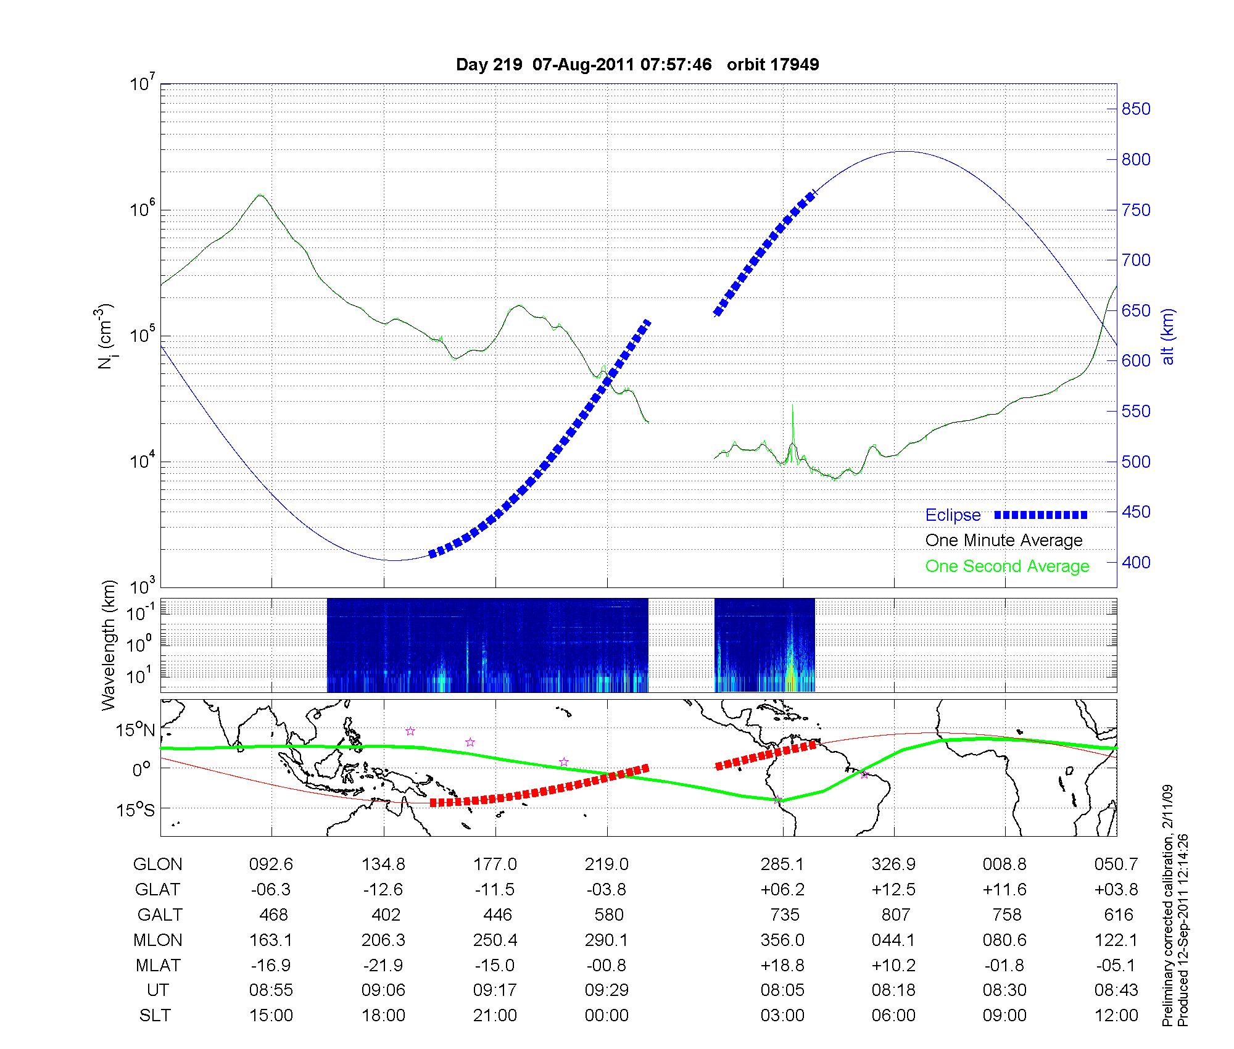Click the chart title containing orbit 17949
click(x=637, y=64)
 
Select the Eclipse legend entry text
click(x=953, y=515)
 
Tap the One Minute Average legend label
click(x=1004, y=541)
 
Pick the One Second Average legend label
click(x=1007, y=566)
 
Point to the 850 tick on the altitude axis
click(x=1136, y=109)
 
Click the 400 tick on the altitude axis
click(x=1136, y=562)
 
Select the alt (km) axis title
click(x=1168, y=336)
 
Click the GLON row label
click(x=158, y=864)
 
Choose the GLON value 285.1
click(x=782, y=864)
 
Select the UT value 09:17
click(x=495, y=990)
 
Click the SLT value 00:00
click(x=607, y=1015)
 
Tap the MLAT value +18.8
click(x=782, y=965)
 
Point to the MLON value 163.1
click(x=271, y=940)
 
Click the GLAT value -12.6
click(x=383, y=889)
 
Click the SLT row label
click(x=155, y=1015)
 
